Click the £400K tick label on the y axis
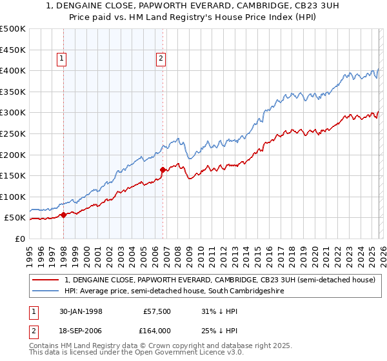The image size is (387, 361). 13,70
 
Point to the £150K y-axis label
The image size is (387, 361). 13,175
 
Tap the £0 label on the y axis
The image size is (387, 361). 19,239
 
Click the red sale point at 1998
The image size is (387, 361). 64,215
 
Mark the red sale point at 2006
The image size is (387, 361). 163,170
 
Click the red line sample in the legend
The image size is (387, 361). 46,280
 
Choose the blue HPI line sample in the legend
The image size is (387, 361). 46,291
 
